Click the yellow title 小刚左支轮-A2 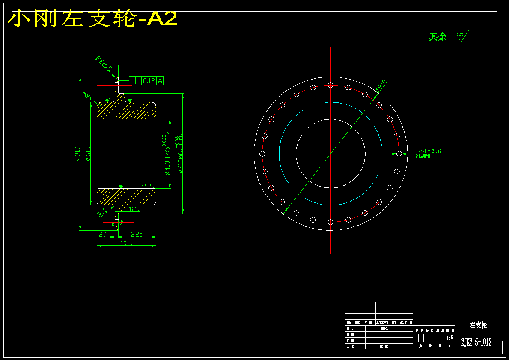(92, 19)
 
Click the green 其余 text (438, 37)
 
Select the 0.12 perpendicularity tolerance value (149, 80)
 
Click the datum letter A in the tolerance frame (160, 80)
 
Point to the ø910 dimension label (77, 154)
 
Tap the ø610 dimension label (88, 154)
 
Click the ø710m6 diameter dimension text (180, 156)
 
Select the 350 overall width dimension (127, 243)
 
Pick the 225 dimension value (137, 234)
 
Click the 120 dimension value (134, 209)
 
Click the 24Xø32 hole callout (431, 151)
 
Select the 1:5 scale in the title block (450, 338)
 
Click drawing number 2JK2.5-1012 (476, 342)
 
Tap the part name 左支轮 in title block (478, 325)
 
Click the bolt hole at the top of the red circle (330, 85)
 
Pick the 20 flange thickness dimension (103, 234)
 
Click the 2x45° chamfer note (147, 185)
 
